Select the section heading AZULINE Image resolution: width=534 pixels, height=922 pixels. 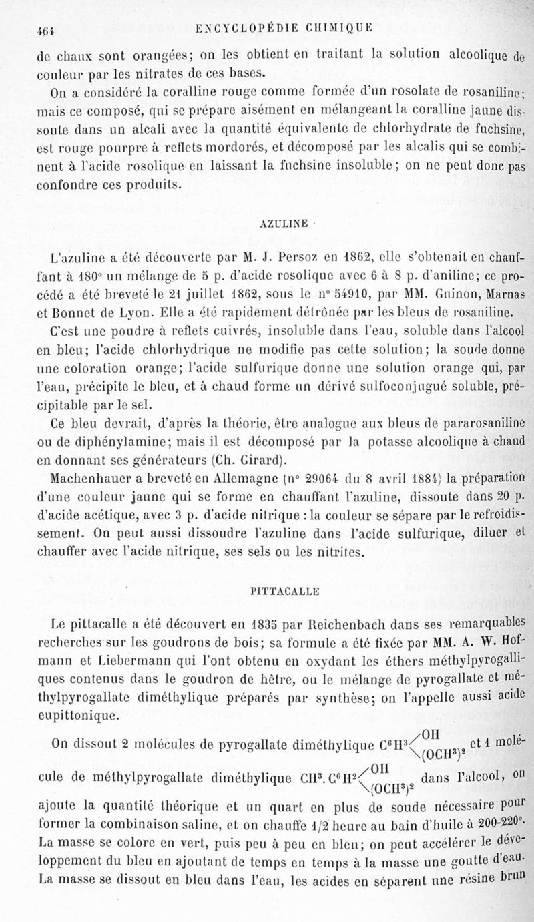(283, 224)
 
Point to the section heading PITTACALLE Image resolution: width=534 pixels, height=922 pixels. (280, 589)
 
